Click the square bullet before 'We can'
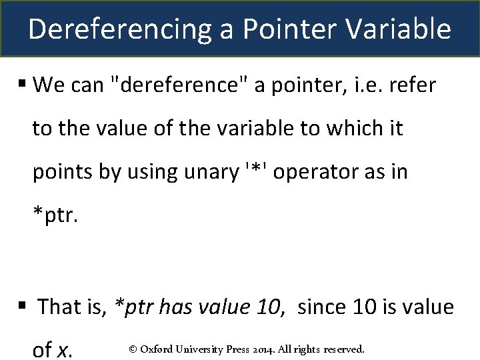tap(22, 84)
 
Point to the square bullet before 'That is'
tap(22, 306)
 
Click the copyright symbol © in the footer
tap(133, 349)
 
